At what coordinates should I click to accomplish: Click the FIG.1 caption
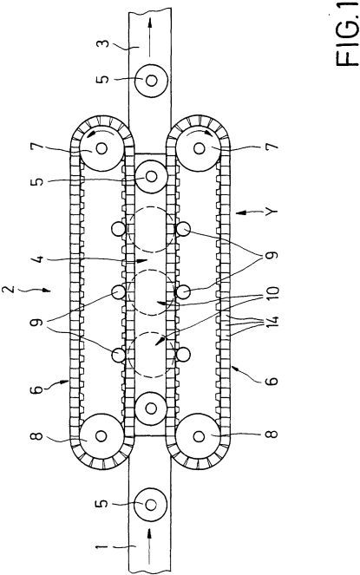point(347,33)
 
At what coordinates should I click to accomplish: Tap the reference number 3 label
point(105,44)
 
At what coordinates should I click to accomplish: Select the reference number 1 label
point(103,548)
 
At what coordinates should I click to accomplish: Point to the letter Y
point(273,212)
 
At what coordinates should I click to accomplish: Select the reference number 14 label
point(273,323)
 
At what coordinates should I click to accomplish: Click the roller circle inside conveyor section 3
point(150,81)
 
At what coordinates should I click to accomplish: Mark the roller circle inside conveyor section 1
point(150,505)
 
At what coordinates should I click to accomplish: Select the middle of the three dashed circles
point(150,292)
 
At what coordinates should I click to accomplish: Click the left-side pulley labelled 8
point(101,436)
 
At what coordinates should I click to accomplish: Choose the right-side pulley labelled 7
point(200,148)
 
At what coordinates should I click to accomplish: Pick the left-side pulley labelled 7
point(101,148)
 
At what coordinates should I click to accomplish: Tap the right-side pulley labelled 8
point(200,436)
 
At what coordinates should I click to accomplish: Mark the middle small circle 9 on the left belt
point(118,292)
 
